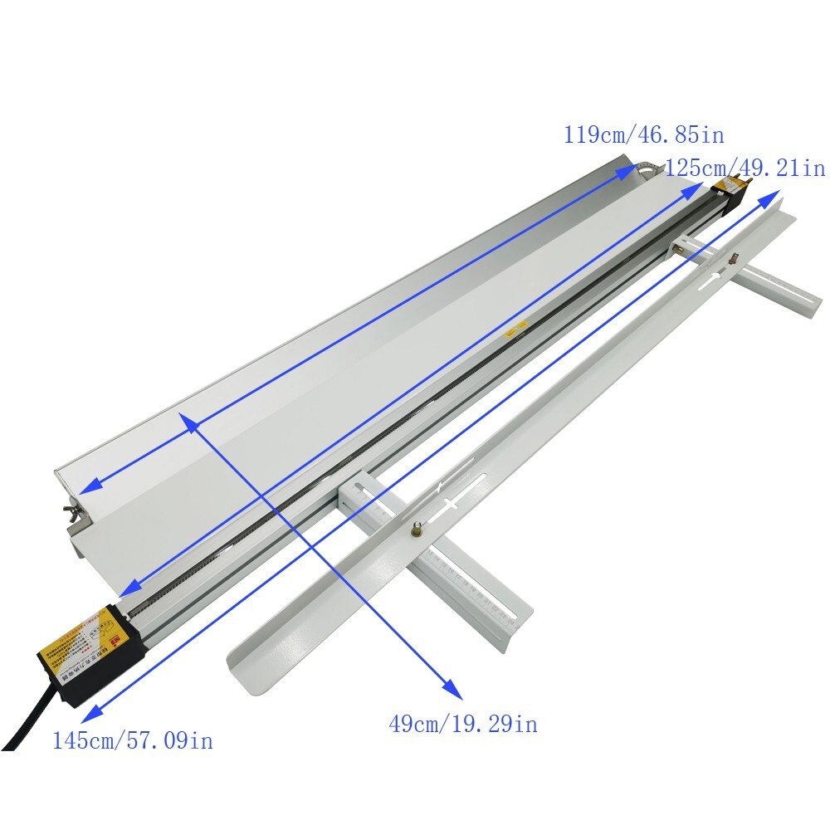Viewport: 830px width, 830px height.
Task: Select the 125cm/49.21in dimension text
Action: pyautogui.click(x=745, y=168)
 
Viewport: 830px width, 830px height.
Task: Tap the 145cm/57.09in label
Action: pyautogui.click(x=133, y=740)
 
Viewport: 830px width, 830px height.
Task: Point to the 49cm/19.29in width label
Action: pyautogui.click(x=463, y=724)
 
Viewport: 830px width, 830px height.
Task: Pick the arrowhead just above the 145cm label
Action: pyautogui.click(x=90, y=710)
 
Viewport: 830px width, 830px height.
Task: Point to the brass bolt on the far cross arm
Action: pyautogui.click(x=734, y=258)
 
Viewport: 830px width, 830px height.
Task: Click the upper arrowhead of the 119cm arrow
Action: pyautogui.click(x=627, y=172)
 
